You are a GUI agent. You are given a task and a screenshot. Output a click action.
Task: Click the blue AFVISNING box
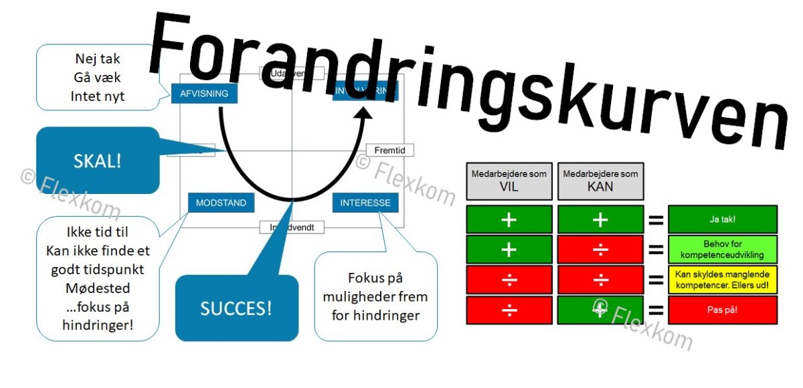(204, 94)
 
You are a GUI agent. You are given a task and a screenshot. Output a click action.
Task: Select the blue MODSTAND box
(221, 203)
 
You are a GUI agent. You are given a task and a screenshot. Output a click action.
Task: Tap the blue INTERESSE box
(365, 203)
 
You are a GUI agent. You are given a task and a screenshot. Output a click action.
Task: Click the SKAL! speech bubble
(98, 161)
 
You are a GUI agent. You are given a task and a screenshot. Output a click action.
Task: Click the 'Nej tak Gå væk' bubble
(97, 78)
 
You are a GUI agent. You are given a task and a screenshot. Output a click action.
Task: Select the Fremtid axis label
(389, 151)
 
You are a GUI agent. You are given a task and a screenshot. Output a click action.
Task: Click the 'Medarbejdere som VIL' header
(509, 181)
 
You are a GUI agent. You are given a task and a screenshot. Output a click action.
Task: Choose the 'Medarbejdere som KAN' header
(600, 181)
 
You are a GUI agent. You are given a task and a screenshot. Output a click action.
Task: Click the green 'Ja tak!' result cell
(723, 219)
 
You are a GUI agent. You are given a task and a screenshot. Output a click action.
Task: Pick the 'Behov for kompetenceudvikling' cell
(723, 250)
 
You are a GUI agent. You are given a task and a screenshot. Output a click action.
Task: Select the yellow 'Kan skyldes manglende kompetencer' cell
(723, 280)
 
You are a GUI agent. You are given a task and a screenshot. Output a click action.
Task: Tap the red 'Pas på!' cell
(723, 310)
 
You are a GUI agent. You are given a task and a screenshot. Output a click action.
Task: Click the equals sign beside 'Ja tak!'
(656, 219)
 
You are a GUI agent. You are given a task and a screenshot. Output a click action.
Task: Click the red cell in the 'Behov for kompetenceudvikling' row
(600, 250)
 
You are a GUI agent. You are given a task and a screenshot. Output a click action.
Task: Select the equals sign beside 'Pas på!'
(656, 310)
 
